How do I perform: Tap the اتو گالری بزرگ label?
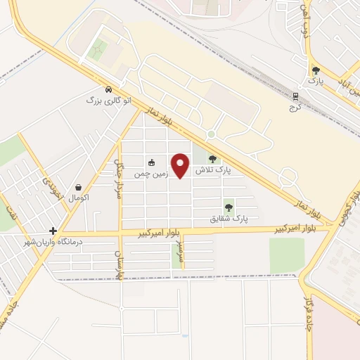coord(109,101)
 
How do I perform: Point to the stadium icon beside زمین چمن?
coord(151,162)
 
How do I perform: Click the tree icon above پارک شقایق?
coord(229,207)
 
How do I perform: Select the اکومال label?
coord(77,198)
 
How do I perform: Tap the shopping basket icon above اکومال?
coord(78,187)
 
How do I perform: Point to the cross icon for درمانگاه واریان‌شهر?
coord(53,230)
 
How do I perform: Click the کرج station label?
coord(296,107)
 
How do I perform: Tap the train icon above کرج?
coord(296,96)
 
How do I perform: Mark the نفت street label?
coord(8,209)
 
